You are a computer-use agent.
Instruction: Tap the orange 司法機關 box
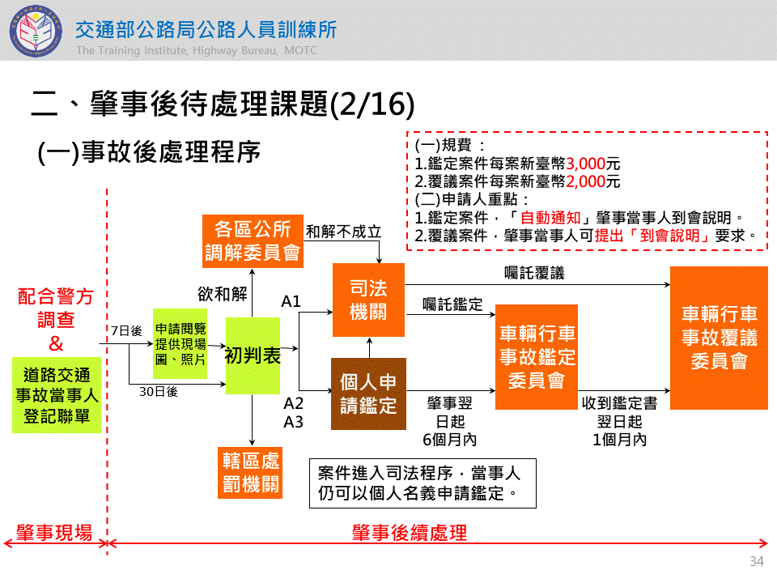click(x=368, y=300)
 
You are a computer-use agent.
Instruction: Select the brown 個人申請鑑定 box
click(x=368, y=393)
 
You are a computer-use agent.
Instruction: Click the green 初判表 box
click(x=253, y=355)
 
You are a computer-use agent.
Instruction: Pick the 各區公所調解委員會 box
click(x=253, y=240)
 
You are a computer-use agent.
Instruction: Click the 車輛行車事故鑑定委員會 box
click(x=537, y=356)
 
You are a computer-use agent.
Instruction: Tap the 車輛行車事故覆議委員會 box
click(x=719, y=337)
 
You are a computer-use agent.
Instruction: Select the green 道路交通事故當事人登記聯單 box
click(x=57, y=395)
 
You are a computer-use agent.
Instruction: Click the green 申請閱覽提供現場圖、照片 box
click(x=180, y=343)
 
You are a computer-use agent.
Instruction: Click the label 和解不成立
click(x=343, y=231)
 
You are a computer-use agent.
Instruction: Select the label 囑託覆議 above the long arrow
click(x=533, y=273)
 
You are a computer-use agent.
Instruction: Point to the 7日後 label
click(x=126, y=330)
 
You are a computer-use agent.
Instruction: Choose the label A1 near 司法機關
click(x=291, y=302)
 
